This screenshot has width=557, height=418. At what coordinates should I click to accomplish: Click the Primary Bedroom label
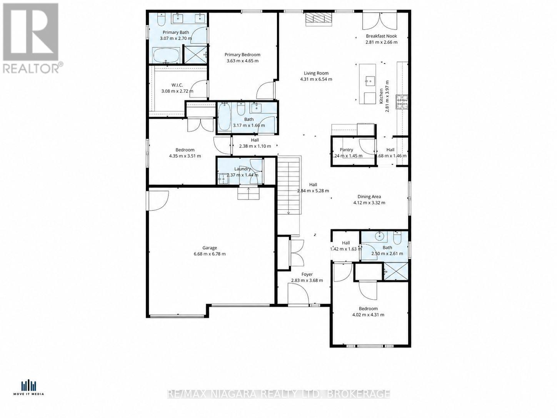point(242,55)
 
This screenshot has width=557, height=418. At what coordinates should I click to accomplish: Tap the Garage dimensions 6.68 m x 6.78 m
point(210,254)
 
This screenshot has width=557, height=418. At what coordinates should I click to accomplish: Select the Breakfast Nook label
point(381,36)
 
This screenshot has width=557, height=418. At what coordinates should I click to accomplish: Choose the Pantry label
point(346,150)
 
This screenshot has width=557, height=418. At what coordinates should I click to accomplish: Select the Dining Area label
point(369,197)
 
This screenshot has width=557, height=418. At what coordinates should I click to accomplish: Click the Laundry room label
point(242,169)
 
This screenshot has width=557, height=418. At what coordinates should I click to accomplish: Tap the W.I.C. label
point(177,85)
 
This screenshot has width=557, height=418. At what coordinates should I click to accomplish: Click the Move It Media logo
point(29,387)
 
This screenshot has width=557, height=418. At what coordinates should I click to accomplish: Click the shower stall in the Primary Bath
point(195,54)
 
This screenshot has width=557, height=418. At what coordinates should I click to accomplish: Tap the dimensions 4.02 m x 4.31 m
point(368,315)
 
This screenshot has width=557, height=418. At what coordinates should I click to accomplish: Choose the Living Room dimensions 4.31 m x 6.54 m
point(316,79)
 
